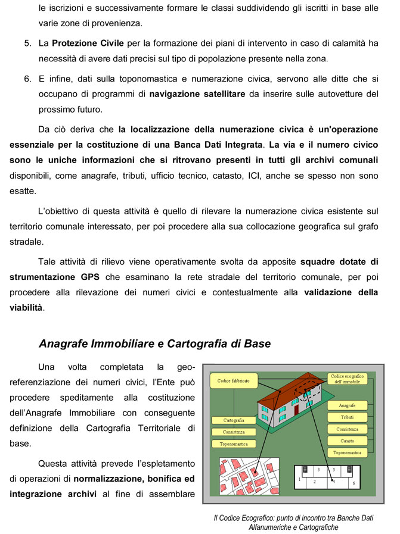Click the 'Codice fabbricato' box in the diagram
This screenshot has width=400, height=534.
pyautogui.click(x=233, y=380)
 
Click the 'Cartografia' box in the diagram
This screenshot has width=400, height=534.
pyautogui.click(x=233, y=420)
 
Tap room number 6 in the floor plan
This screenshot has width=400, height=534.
pyautogui.click(x=354, y=483)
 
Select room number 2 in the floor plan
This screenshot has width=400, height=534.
pyautogui.click(x=314, y=482)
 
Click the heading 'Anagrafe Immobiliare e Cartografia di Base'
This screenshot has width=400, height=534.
pyautogui.click(x=154, y=343)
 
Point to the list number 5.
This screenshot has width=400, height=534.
pyautogui.click(x=27, y=43)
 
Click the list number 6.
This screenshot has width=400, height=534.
pyautogui.click(x=27, y=79)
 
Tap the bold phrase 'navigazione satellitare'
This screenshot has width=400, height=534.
pyautogui.click(x=197, y=94)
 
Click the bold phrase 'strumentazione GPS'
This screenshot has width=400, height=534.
pyautogui.click(x=55, y=277)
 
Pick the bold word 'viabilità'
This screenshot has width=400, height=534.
pyautogui.click(x=26, y=308)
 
